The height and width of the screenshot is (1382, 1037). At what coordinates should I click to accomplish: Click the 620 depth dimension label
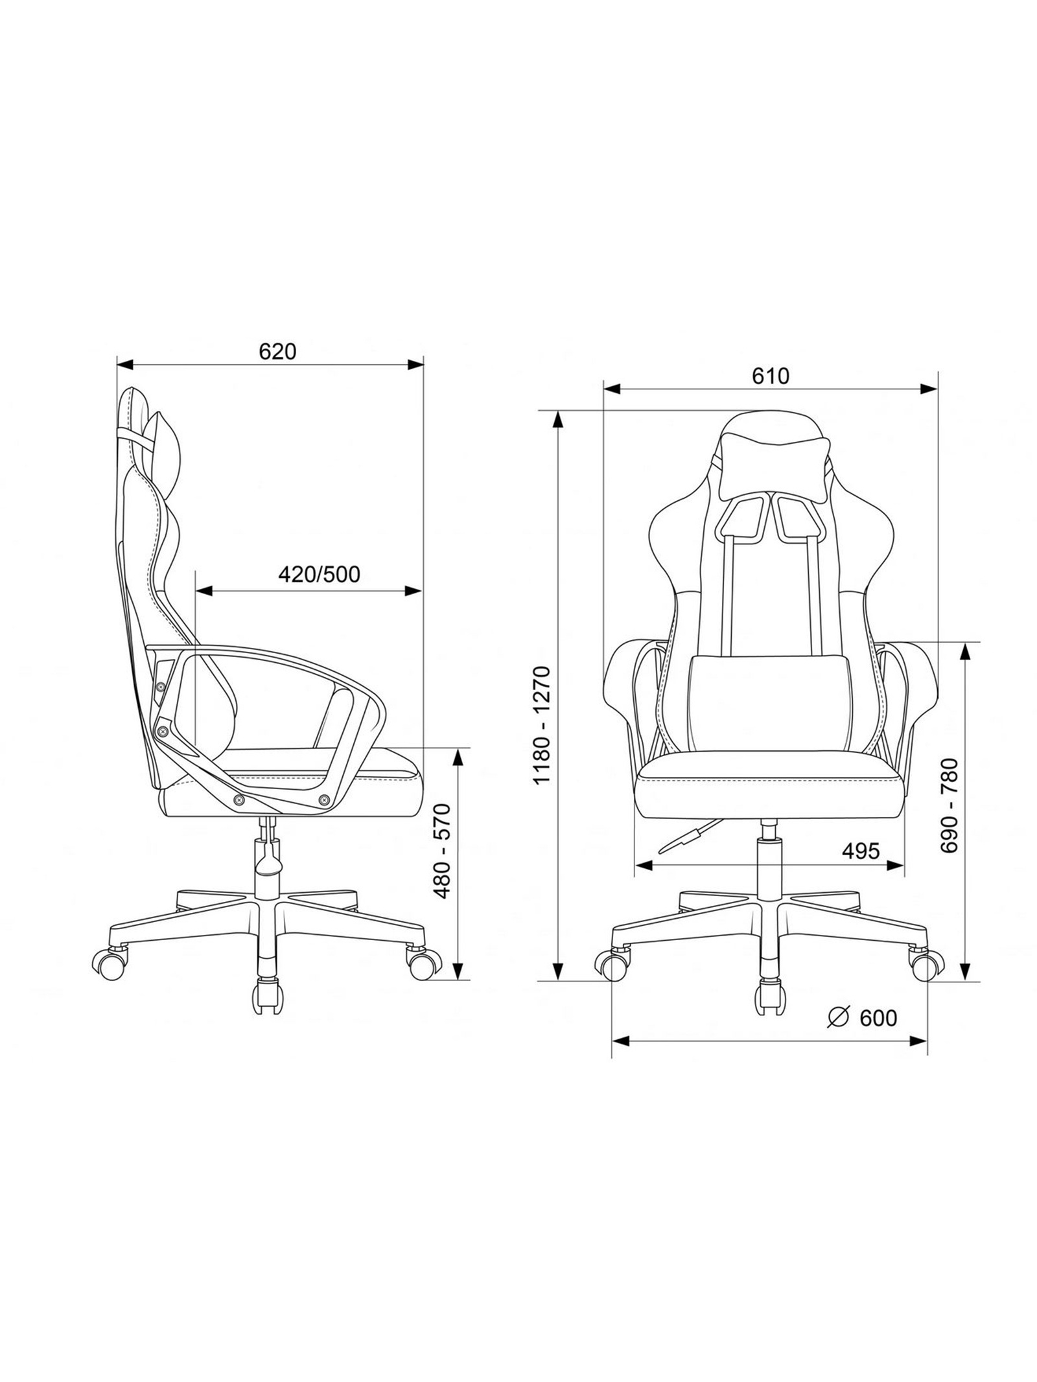pos(277,351)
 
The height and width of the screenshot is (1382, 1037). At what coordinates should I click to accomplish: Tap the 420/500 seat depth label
pos(318,574)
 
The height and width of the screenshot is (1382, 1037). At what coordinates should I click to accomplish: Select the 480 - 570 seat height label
pos(442,851)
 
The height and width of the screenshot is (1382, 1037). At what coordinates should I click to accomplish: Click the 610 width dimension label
pos(771,376)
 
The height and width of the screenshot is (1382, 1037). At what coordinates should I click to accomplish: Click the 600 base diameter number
pos(878,1019)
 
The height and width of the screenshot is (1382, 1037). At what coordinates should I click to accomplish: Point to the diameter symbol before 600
pos(838,1018)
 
